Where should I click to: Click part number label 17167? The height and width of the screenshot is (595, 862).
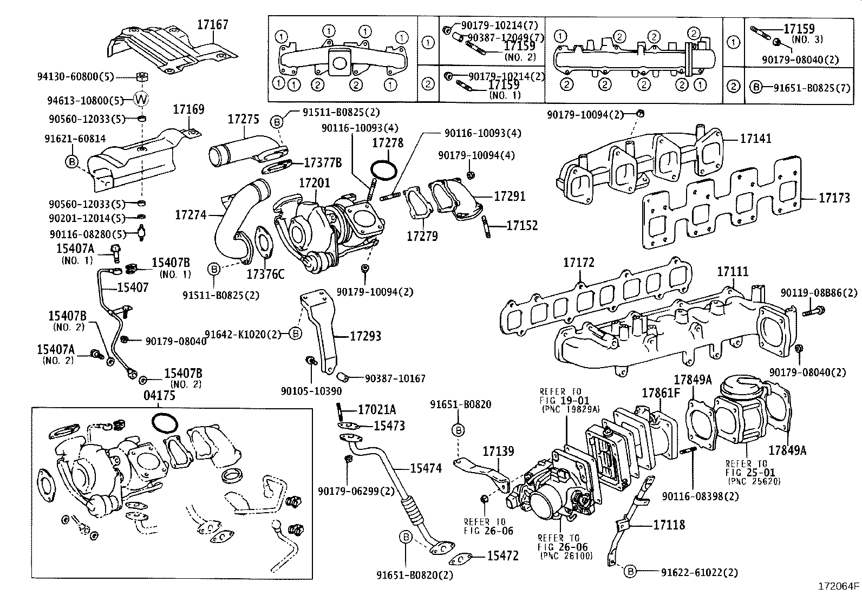coord(213,24)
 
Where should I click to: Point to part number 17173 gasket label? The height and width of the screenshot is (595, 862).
coord(834,199)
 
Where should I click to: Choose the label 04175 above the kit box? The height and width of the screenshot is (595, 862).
coord(159,396)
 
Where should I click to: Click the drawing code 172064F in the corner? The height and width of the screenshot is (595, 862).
coord(838,586)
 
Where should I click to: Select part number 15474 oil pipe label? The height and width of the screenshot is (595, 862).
coord(426,468)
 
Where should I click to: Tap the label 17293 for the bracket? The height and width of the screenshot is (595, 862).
coord(365,336)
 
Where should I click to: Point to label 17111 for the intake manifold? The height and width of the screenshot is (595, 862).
coord(733,271)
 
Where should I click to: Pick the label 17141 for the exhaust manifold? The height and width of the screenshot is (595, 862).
coord(756,139)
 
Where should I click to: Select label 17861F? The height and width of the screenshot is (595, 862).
coord(660,393)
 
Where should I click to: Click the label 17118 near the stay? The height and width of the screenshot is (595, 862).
coord(669,525)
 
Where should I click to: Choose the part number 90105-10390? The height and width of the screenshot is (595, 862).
coord(311,391)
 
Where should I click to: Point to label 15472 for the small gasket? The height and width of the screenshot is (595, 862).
coord(502,555)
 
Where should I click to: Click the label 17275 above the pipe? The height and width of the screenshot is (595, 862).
coord(243,120)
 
